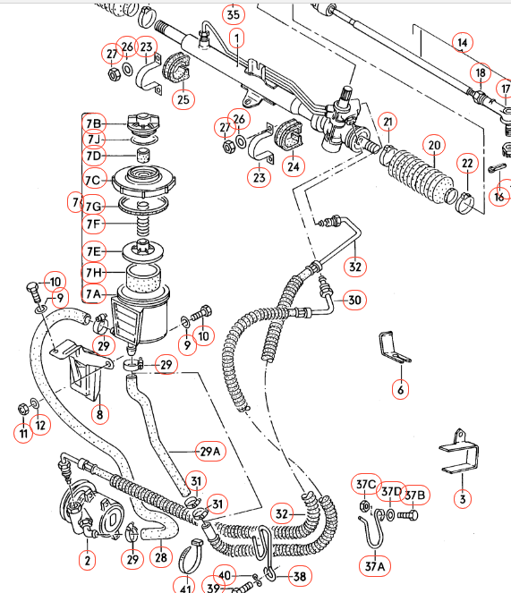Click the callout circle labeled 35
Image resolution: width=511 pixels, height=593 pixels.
233,14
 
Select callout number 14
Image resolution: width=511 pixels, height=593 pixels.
462,42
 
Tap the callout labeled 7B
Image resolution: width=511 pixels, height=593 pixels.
94,123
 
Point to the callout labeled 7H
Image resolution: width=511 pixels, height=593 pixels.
94,272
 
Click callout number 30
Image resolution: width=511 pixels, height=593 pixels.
354,301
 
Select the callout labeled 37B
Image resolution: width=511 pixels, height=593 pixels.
414,495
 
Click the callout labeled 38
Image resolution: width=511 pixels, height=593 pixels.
300,577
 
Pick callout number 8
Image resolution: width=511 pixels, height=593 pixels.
100,414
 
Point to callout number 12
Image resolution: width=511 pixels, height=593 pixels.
41,423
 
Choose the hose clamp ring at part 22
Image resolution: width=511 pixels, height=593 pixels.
464,202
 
